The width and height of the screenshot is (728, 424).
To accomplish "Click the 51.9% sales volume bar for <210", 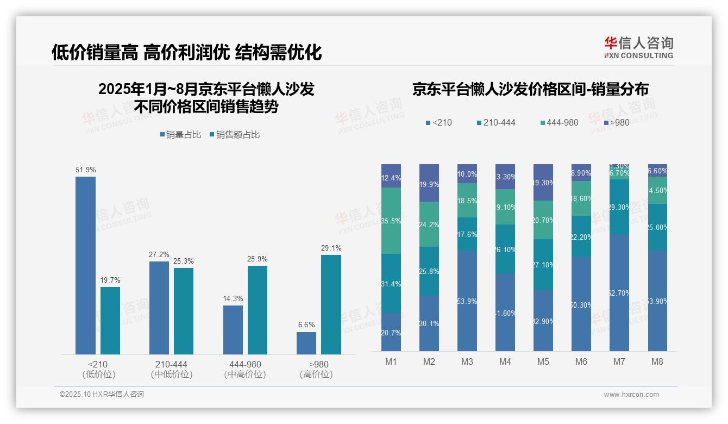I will (x=85, y=265).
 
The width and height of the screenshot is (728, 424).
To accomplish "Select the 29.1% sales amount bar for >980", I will (x=331, y=304).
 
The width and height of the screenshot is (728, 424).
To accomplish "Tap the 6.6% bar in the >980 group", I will (x=306, y=343).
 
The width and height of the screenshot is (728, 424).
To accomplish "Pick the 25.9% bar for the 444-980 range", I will (x=258, y=310).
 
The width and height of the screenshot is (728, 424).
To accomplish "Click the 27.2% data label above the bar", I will (x=159, y=254).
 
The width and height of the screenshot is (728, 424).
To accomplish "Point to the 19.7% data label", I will (x=110, y=280).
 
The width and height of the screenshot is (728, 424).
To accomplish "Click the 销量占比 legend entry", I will (x=183, y=135).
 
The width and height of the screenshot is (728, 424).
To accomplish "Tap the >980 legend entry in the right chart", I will (x=616, y=122).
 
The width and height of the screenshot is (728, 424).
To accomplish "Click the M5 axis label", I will (x=543, y=361).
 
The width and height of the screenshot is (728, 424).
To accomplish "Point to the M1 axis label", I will (x=391, y=361).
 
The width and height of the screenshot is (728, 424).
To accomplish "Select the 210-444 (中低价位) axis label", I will (x=172, y=369).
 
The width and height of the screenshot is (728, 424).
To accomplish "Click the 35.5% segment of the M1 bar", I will (x=391, y=221).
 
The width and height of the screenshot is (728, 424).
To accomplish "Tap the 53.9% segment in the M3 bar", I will (x=467, y=301).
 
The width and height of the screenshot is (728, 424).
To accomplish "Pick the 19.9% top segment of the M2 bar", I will (x=429, y=183).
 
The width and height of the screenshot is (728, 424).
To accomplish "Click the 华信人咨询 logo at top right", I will (x=638, y=47).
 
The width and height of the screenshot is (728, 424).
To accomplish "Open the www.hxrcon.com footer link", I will (x=631, y=395).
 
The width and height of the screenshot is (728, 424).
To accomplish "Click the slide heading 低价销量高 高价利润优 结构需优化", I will (x=186, y=52).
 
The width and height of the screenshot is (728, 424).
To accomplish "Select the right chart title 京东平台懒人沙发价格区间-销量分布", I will (x=530, y=89).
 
